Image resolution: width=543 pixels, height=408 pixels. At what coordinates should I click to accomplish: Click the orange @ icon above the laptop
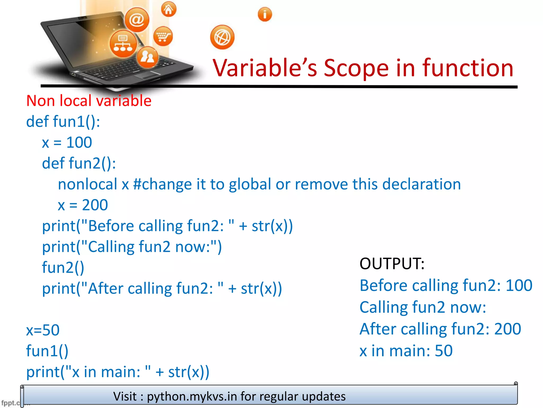pos(137,20)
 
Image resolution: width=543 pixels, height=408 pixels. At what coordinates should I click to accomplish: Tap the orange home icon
pos(169,10)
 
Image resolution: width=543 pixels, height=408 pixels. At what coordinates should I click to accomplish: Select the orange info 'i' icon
pos(265,14)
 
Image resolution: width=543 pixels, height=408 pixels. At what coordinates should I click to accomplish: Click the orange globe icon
pos(222,37)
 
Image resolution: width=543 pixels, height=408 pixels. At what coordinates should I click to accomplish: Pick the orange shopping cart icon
pos(163,36)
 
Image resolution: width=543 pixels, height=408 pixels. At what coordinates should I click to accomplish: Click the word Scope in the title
pos(356,68)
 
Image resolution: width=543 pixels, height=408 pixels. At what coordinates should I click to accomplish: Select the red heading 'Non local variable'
pos(89,101)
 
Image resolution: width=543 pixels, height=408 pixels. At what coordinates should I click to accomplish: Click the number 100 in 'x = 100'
pos(79,142)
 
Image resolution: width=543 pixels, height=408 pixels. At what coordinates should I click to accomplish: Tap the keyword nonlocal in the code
pos(87,184)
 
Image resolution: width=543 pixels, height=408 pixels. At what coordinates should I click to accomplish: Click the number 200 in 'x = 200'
pos(95,205)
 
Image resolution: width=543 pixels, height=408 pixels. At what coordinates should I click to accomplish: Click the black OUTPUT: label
pos(392,264)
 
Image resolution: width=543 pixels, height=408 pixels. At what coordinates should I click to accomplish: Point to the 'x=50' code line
pos(43,330)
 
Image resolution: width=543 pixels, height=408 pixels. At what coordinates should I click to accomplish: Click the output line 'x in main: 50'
pos(406,351)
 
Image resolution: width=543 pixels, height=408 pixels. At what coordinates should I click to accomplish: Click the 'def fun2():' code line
pos(79,163)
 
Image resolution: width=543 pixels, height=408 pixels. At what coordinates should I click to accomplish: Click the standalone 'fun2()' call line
pos(63,267)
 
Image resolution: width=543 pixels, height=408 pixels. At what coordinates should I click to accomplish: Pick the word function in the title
pos(468,68)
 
